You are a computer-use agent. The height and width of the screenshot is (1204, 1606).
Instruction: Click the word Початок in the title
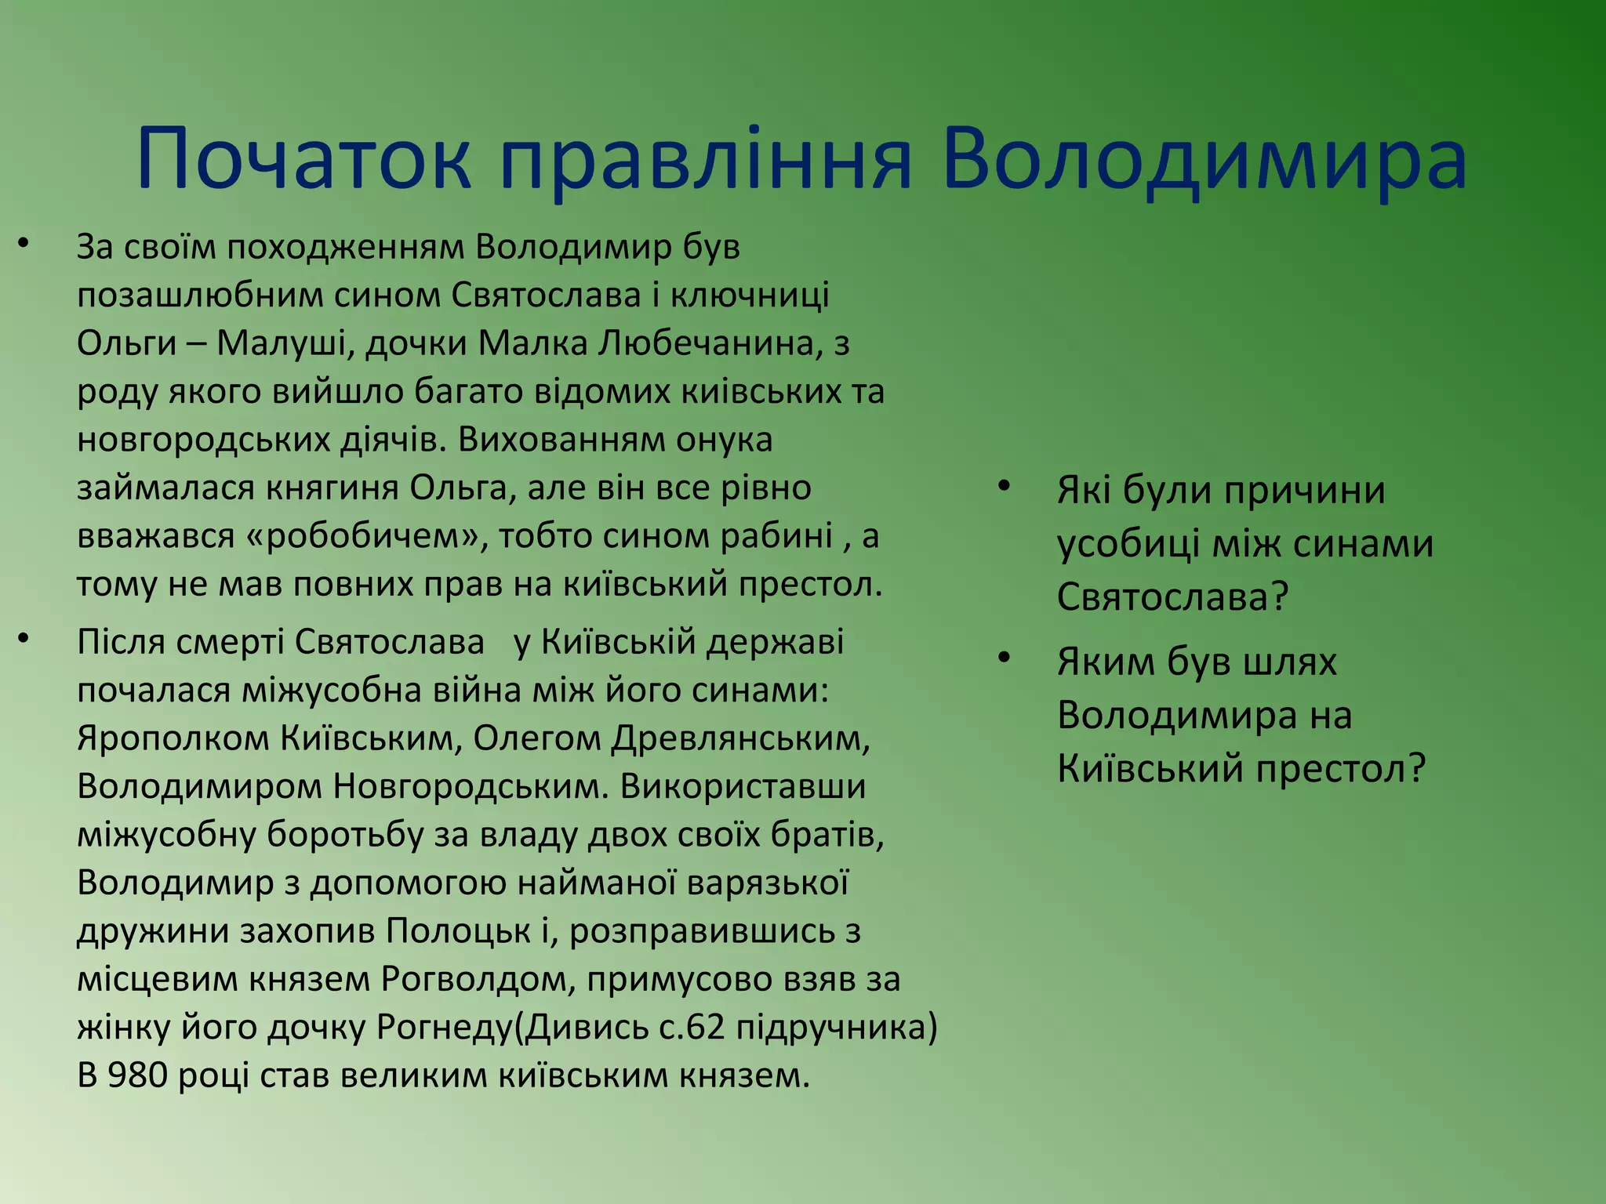point(304,161)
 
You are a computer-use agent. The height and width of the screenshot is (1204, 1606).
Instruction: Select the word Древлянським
point(741,738)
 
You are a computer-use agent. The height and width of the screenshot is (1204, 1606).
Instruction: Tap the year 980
point(138,1076)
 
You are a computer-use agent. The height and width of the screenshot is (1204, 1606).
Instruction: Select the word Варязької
point(767,883)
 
